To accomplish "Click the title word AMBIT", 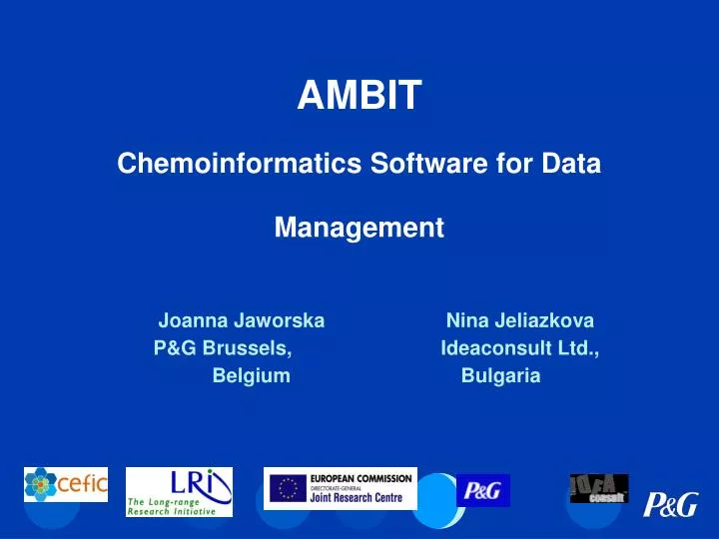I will (359, 97).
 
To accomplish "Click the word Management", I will (359, 229).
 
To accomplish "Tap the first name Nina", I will (466, 321).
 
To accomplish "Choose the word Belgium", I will (252, 376).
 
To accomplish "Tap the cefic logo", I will (66, 485).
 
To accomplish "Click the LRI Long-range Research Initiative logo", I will (179, 492).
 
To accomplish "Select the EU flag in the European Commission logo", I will (289, 488).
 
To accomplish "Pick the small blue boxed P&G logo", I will (483, 490).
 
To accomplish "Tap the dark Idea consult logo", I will (599, 488).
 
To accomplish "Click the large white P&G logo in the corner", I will (670, 505).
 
